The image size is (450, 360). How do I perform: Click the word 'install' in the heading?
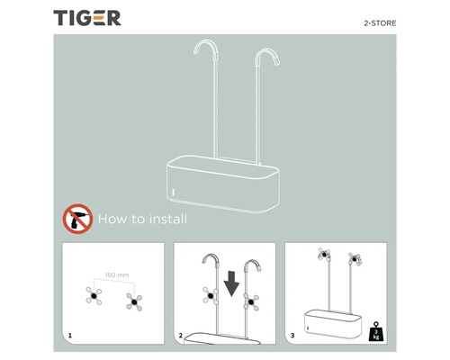pos(167,219)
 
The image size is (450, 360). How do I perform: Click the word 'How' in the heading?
pos(112,219)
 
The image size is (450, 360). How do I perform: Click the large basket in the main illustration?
pos(225,184)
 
